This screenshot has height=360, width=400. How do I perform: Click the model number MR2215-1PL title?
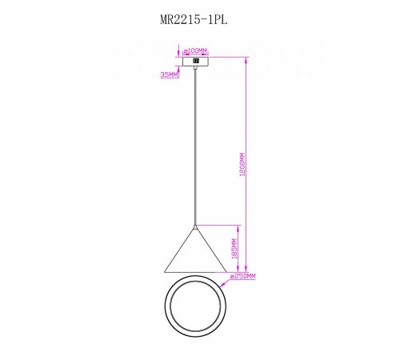pos(194,19)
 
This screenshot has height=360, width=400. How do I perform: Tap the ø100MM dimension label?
pos(195,50)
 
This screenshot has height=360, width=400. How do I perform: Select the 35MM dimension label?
pos(169,75)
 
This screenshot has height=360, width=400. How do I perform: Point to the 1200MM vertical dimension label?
pos(242,164)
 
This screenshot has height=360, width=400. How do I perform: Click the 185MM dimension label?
pos(234,249)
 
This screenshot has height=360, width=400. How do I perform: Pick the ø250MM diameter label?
pos(242,276)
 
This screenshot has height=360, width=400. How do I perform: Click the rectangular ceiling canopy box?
pos(196,62)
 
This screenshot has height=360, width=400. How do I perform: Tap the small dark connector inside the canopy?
pos(196,61)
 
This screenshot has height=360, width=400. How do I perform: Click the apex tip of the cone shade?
pos(195,226)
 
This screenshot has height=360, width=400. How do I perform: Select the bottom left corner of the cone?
pos(165,272)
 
